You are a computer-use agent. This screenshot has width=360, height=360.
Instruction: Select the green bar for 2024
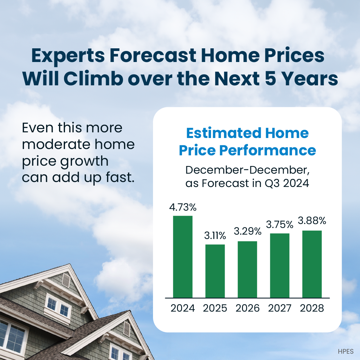(183, 257)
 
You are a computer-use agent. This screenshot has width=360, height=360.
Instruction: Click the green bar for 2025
(215, 271)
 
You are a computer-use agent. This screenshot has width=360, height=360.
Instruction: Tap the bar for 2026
(247, 270)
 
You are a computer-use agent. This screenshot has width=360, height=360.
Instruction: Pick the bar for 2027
(280, 266)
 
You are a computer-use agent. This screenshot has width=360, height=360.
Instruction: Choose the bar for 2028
(312, 264)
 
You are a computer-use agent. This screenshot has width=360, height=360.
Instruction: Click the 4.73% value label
(183, 207)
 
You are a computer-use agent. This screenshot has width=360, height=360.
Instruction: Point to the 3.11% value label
(215, 236)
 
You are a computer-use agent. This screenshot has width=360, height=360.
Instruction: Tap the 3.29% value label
(247, 231)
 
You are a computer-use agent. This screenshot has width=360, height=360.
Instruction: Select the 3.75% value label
(280, 225)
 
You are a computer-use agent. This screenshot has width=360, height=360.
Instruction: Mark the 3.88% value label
(312, 221)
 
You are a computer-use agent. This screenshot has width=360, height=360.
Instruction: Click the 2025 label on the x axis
(215, 308)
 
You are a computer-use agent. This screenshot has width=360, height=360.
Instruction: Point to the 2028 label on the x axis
(312, 308)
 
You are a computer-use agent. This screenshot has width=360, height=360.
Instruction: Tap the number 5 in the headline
(270, 79)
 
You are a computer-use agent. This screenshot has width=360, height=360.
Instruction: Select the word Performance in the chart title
(267, 151)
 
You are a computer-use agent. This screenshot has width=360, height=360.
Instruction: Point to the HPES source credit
(346, 352)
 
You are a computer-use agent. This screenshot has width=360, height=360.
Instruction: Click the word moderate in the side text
(56, 144)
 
